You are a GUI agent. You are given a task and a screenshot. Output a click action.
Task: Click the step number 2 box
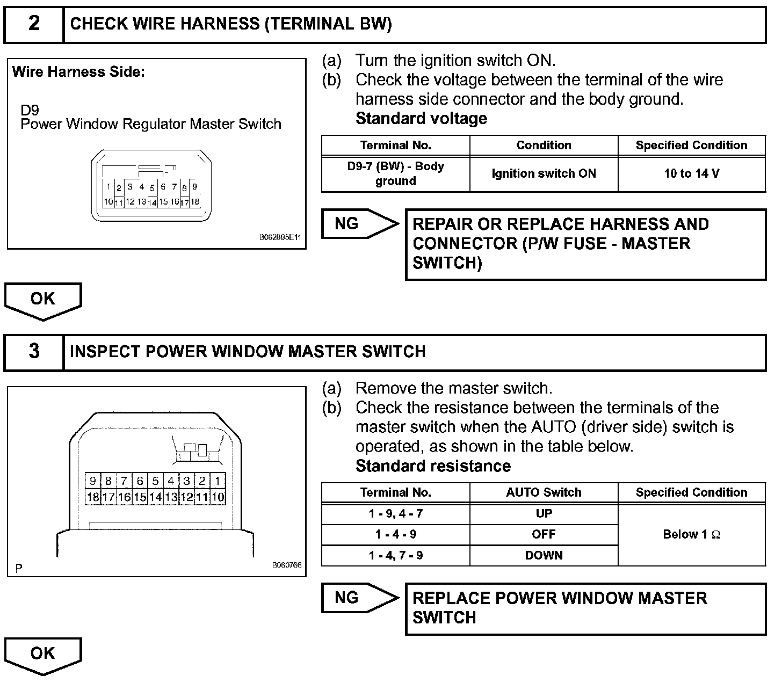click(x=34, y=24)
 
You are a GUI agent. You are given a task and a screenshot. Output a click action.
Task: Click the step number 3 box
click(x=34, y=352)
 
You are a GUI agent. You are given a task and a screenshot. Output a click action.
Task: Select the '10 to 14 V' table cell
click(x=691, y=173)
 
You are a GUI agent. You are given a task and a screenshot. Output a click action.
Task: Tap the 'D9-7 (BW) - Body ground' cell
click(x=395, y=173)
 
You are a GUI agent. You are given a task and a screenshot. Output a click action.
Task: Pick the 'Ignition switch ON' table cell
click(x=544, y=173)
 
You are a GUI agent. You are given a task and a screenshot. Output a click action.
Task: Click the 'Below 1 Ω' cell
click(x=691, y=534)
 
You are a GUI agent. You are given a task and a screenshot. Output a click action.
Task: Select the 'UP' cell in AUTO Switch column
click(x=544, y=514)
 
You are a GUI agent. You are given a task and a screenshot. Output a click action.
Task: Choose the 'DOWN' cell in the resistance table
click(x=544, y=555)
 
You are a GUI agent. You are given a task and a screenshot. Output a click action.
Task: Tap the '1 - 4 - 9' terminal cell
click(x=395, y=534)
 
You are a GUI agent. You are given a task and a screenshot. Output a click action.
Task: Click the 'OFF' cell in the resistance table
click(x=544, y=534)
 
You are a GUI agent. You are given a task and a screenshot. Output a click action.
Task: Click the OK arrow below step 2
click(x=43, y=300)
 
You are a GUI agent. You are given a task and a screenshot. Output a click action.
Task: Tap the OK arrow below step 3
click(x=43, y=654)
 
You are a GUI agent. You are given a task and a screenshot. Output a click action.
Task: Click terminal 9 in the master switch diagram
click(x=93, y=481)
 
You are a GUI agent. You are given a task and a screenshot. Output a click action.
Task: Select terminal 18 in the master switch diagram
click(x=93, y=497)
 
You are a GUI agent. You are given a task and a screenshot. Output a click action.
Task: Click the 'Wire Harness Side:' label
click(x=78, y=72)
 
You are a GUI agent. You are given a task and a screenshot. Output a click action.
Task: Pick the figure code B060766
click(x=287, y=565)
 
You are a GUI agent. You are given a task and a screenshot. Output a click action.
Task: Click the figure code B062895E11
click(x=280, y=237)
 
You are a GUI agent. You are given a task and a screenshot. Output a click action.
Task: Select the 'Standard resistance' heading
click(x=433, y=466)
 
